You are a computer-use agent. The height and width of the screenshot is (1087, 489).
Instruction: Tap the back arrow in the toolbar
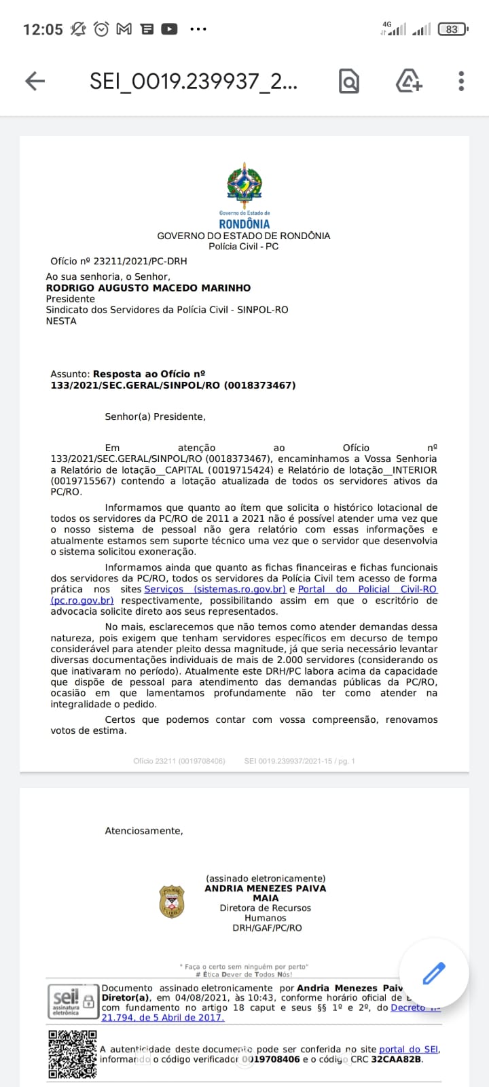tap(35, 82)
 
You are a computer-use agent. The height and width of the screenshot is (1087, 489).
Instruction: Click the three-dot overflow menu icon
tap(461, 82)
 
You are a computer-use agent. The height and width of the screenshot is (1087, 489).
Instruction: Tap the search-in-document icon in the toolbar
tap(348, 82)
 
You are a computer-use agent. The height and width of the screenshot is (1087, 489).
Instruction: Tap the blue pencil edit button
tap(434, 973)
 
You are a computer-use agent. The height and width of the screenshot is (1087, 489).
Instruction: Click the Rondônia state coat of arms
tap(244, 183)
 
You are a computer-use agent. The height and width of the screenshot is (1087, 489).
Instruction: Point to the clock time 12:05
tap(43, 29)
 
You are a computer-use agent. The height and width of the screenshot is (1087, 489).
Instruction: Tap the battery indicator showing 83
tap(452, 29)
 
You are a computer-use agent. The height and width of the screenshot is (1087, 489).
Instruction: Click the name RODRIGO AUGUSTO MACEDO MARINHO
tap(148, 288)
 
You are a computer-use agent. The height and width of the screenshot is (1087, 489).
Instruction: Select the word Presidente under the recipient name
tap(71, 299)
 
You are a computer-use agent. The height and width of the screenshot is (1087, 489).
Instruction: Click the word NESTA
tap(61, 321)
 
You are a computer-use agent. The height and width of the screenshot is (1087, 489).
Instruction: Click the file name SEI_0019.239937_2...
tap(193, 82)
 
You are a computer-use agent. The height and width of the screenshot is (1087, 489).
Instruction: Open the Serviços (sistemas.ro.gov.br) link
tap(215, 589)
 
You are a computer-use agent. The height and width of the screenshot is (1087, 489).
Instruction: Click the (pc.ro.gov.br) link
tap(82, 601)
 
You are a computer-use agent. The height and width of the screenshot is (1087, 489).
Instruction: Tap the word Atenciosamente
tap(144, 831)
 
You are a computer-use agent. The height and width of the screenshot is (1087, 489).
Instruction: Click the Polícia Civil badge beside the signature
tap(172, 902)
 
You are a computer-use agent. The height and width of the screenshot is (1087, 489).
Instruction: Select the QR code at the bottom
tap(73, 1054)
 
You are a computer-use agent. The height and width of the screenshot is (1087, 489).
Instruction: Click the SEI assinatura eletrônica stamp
tap(73, 1001)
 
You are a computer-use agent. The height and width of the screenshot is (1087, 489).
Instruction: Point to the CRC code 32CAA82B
tap(397, 1059)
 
